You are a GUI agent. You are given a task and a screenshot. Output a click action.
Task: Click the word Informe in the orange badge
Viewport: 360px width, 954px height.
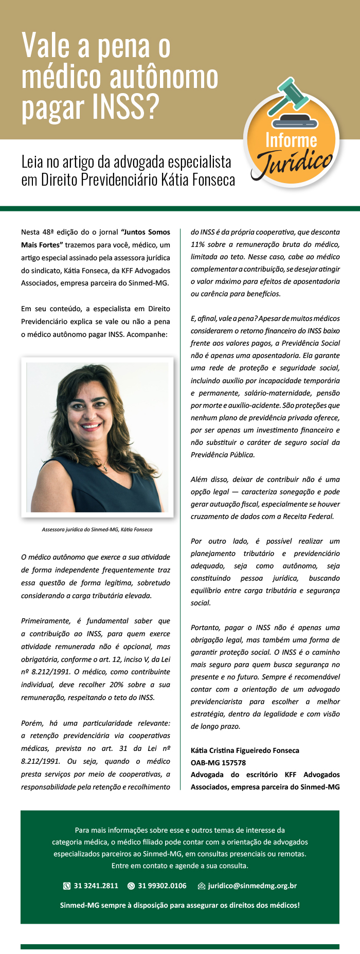(x=291, y=140)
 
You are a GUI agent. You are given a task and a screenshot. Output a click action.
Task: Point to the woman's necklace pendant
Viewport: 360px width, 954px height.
(x=104, y=469)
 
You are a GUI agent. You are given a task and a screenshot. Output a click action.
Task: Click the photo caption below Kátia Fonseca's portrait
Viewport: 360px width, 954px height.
(x=97, y=529)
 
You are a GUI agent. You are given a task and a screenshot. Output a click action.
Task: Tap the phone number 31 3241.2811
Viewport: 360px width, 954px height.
(x=96, y=886)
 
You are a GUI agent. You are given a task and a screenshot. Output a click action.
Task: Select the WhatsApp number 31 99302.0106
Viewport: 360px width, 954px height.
(x=162, y=886)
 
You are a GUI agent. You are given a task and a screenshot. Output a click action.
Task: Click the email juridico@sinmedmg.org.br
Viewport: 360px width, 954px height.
(x=252, y=886)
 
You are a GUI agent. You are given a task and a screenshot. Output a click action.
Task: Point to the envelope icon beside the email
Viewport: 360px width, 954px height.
(x=202, y=886)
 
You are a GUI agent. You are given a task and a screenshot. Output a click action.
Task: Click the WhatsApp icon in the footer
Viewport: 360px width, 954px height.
(x=131, y=886)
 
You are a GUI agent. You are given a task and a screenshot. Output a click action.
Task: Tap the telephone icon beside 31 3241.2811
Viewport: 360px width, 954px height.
(x=67, y=886)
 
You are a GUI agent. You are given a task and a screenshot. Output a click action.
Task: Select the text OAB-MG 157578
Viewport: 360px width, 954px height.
(x=218, y=763)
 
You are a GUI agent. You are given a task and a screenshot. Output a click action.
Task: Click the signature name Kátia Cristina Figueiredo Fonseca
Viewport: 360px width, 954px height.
(x=245, y=750)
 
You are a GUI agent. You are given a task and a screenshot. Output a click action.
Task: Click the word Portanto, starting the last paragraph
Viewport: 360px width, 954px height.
(x=205, y=627)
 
